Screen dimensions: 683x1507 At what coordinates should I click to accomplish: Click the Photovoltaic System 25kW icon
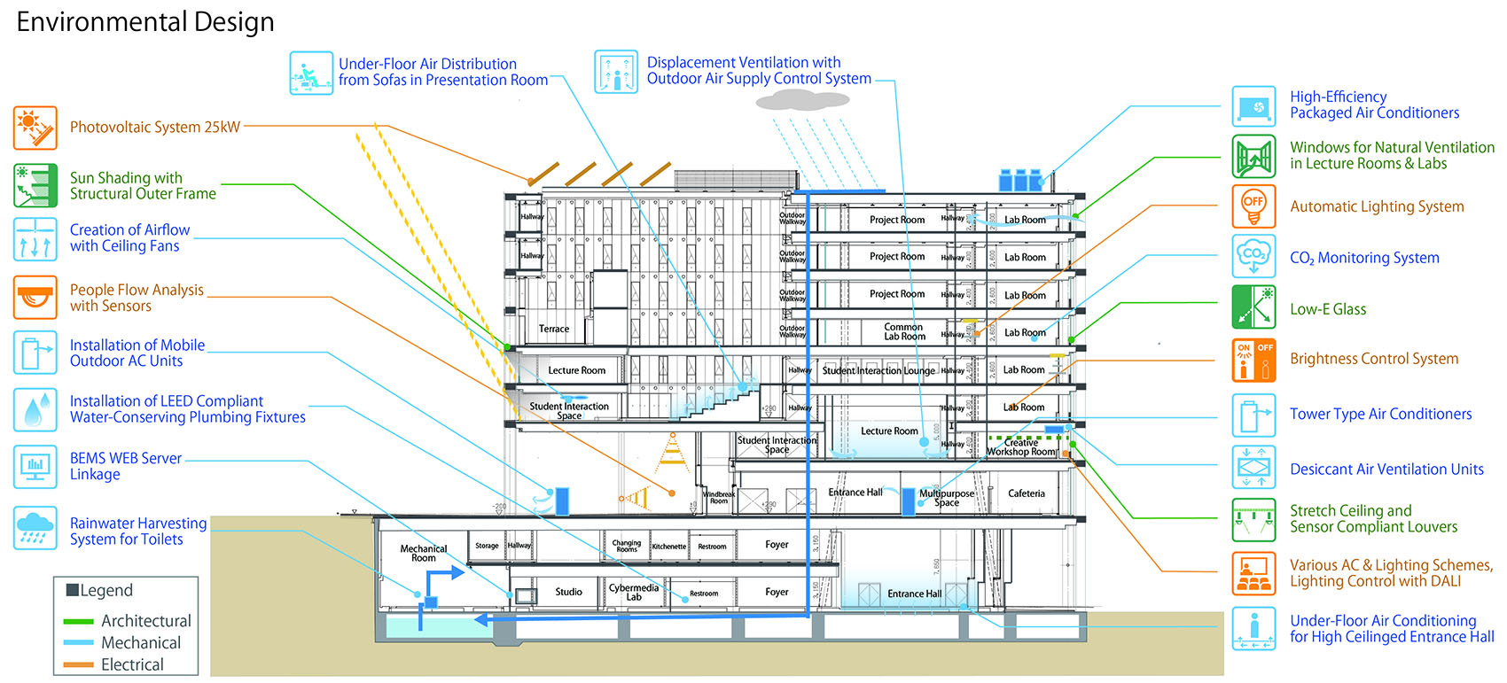35,128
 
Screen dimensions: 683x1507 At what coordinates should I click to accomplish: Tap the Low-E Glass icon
1253,308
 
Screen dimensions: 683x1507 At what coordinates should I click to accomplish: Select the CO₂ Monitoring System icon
1253,257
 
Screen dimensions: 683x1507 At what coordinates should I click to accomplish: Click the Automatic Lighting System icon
1253,206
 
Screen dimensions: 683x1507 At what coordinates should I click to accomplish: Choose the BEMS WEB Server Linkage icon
35,467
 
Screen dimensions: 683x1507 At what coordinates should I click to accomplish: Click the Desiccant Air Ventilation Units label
1386,470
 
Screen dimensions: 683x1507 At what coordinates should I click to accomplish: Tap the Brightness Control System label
1373,359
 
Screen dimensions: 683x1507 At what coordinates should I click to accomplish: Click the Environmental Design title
145,22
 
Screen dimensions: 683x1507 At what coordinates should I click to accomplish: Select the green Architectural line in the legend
79,622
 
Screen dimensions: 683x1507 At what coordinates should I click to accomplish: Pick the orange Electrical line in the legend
79,665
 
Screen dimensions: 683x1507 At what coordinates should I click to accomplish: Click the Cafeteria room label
1027,493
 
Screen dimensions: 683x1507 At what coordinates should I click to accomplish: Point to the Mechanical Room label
424,554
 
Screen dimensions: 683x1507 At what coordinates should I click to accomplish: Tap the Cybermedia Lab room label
634,592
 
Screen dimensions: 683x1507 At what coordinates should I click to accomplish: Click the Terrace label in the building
554,329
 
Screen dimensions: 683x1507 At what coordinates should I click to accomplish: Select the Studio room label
569,592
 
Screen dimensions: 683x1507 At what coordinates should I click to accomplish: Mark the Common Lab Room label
904,332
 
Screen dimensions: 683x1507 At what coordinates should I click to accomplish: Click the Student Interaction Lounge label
878,371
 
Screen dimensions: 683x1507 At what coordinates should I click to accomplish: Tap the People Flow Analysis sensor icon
35,298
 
